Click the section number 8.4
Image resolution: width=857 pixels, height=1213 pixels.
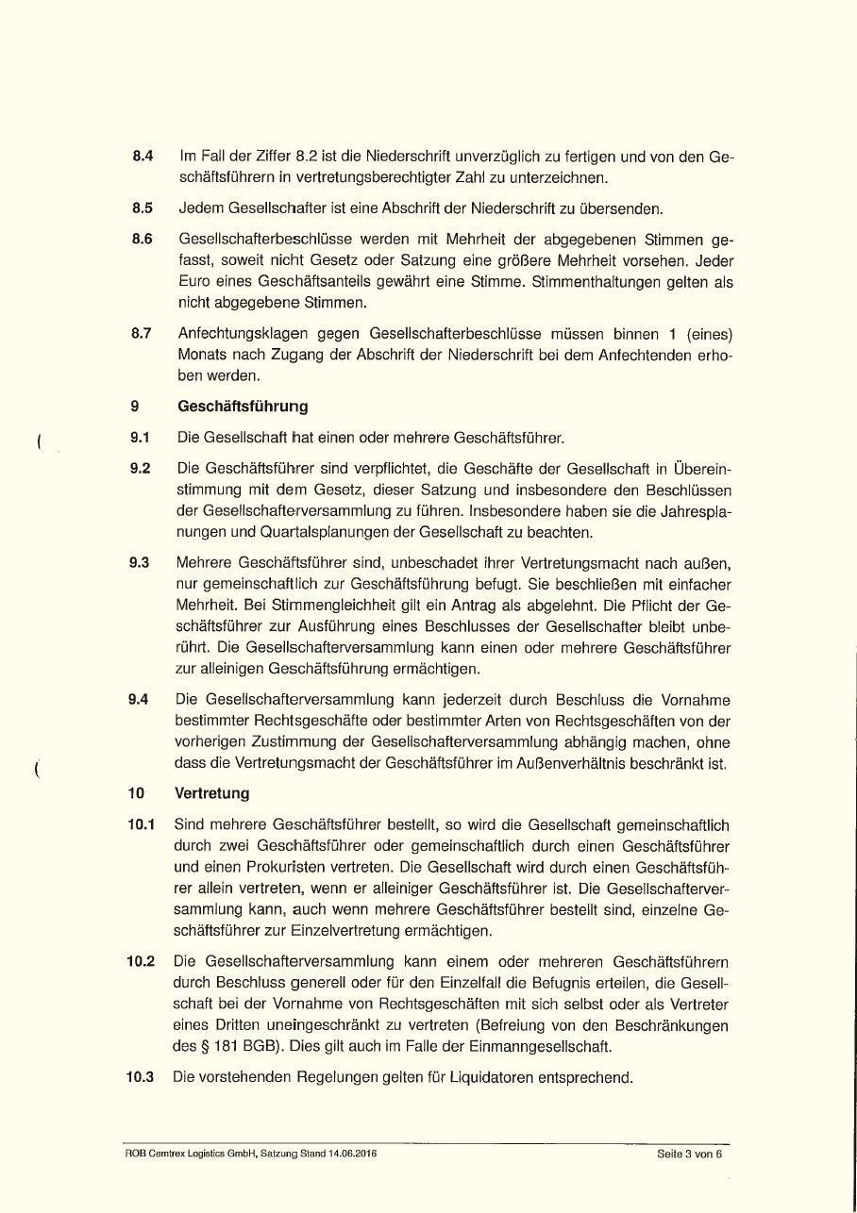(x=143, y=156)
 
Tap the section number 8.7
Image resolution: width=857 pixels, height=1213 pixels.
(x=143, y=333)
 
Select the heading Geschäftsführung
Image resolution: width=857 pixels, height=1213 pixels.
(x=243, y=407)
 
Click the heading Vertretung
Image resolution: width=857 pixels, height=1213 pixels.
(x=212, y=794)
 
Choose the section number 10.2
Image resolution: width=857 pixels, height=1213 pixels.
(x=141, y=962)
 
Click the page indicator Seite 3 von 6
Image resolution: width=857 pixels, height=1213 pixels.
(x=689, y=1154)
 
